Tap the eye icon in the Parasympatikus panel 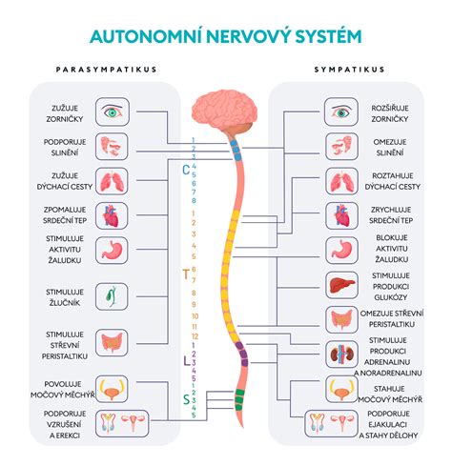[113, 111]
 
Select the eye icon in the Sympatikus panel [341, 111]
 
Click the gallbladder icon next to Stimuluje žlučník [112, 296]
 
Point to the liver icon [342, 285]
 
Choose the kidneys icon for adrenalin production [341, 355]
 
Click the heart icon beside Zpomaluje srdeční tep [111, 215]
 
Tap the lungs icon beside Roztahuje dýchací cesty [341, 182]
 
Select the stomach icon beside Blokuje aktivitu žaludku [341, 250]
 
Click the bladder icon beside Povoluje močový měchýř [112, 389]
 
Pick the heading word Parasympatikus [106, 70]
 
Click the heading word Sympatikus [349, 70]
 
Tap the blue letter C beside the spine [186, 171]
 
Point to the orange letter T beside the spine [186, 274]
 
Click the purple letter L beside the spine [187, 361]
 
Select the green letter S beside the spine [186, 399]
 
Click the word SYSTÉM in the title [328, 35]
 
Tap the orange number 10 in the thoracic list [195, 316]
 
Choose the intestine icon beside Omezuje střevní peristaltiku [341, 319]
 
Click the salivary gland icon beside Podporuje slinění [112, 146]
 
